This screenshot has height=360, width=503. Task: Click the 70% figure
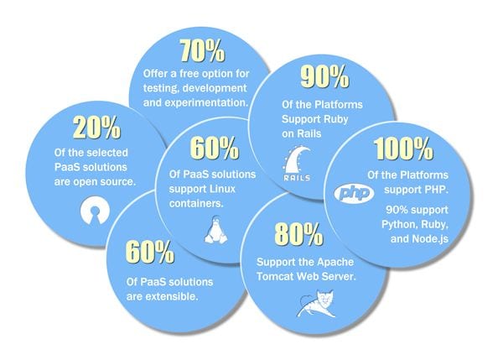202,50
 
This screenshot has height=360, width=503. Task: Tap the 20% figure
97,128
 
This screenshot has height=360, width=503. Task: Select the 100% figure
403,149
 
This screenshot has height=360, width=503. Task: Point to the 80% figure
298,234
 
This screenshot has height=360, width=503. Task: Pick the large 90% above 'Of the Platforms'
324,76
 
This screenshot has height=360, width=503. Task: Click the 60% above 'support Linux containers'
215,148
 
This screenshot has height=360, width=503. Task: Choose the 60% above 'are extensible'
150,252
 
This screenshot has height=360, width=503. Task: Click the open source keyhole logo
95,210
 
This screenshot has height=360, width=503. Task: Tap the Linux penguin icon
216,230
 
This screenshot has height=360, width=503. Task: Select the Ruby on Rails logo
297,164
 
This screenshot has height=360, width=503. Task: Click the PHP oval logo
354,193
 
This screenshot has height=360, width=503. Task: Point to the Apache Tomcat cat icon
316,304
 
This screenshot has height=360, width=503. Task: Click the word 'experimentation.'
196,102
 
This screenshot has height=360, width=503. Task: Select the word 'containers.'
196,204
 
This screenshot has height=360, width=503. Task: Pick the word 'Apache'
334,262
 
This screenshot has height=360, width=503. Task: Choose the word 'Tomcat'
275,276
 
